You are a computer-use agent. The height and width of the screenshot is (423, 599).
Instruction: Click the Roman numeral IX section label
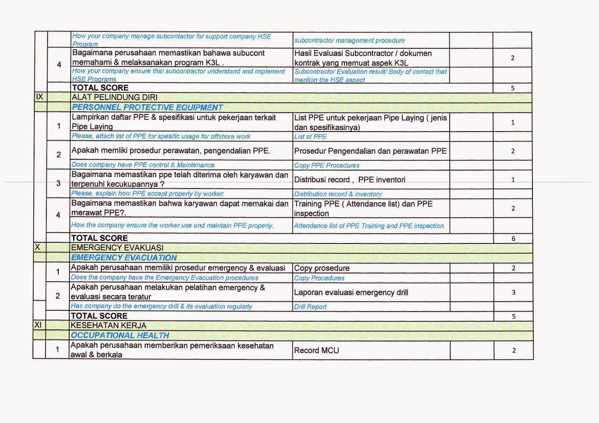[x=40, y=97]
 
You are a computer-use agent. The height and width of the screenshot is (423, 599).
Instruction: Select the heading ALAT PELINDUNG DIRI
[x=115, y=97]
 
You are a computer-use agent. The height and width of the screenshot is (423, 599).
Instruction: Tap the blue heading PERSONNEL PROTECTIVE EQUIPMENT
[x=147, y=107]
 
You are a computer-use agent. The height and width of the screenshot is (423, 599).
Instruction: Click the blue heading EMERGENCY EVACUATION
[x=124, y=258]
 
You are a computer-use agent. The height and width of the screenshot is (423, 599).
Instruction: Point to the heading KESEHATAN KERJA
[x=108, y=325]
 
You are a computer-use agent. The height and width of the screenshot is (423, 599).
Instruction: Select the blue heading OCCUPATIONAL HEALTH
[x=120, y=335]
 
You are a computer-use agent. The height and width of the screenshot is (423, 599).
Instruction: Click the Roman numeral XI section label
[x=38, y=325]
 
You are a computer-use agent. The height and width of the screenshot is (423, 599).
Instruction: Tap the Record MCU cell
[x=317, y=350]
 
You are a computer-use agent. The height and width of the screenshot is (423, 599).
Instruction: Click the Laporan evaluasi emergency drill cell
[x=351, y=292]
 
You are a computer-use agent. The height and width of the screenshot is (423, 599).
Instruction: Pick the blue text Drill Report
[x=310, y=307]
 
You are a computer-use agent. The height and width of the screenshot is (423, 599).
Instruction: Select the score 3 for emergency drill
[x=513, y=292]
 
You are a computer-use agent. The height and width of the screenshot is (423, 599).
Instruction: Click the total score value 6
[x=513, y=239]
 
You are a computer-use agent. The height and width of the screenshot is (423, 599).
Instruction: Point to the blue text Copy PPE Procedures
[x=326, y=165]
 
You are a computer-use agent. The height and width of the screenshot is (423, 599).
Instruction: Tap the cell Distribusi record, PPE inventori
[x=350, y=180]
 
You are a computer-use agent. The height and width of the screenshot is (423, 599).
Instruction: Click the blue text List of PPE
[x=310, y=137]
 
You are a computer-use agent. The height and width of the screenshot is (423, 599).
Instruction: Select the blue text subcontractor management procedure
[x=349, y=40]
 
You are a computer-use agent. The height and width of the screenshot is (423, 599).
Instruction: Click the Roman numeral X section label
[x=37, y=247]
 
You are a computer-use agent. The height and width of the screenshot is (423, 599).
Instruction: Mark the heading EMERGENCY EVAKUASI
[x=117, y=248]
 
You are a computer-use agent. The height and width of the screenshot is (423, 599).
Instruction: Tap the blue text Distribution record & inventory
[x=338, y=194]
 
